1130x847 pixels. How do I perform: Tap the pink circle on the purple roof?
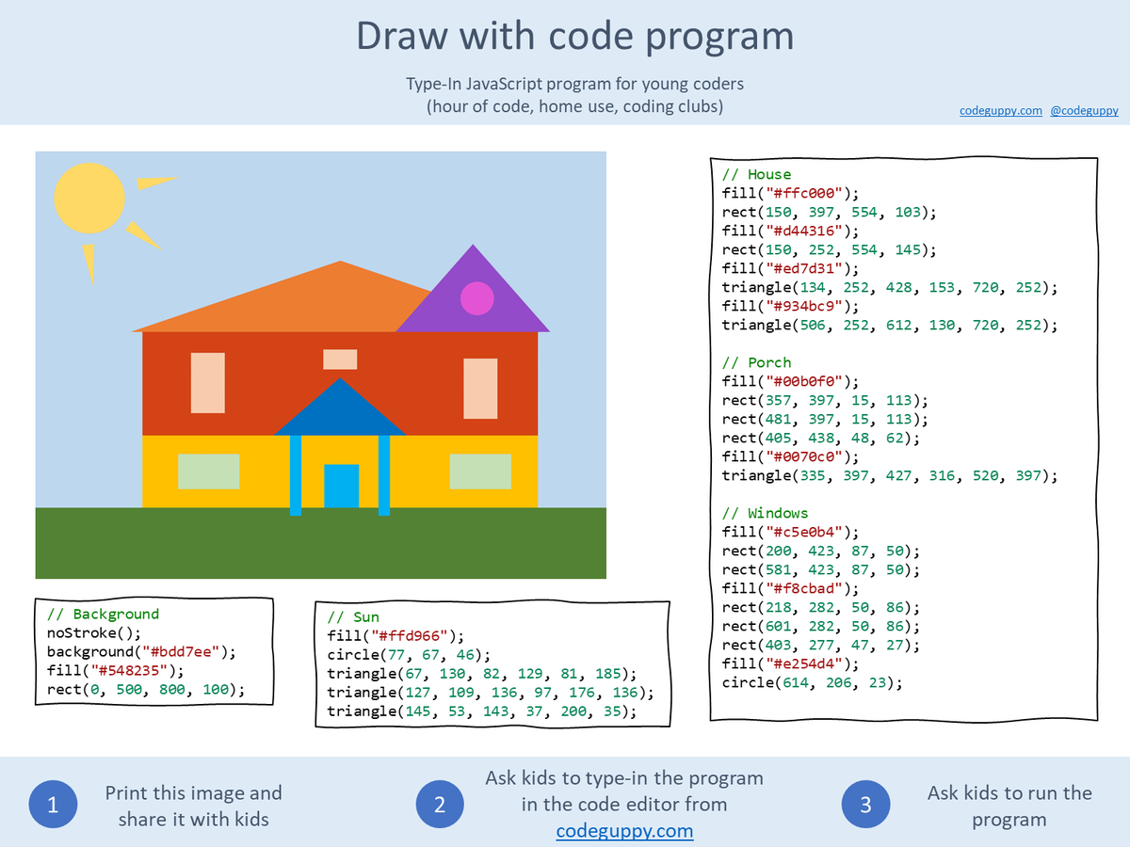click(x=476, y=298)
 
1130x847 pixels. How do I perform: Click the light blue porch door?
click(x=341, y=486)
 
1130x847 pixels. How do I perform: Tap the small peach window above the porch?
click(x=340, y=360)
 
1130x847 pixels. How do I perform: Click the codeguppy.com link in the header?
click(x=1000, y=110)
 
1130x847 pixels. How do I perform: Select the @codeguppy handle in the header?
click(x=1084, y=110)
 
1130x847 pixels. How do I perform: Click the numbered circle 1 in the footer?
click(x=53, y=805)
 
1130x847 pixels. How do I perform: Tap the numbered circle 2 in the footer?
click(x=440, y=805)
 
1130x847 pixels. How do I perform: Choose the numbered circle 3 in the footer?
click(x=865, y=805)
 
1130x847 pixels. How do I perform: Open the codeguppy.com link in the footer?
click(x=624, y=831)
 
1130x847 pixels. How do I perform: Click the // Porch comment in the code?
click(x=756, y=362)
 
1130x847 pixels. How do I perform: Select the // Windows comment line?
click(x=765, y=513)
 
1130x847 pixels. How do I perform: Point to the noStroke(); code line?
click(x=93, y=632)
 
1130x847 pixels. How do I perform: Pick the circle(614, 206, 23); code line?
click(x=812, y=682)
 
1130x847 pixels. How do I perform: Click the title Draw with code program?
click(x=574, y=36)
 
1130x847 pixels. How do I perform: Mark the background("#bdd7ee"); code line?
click(x=142, y=651)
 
